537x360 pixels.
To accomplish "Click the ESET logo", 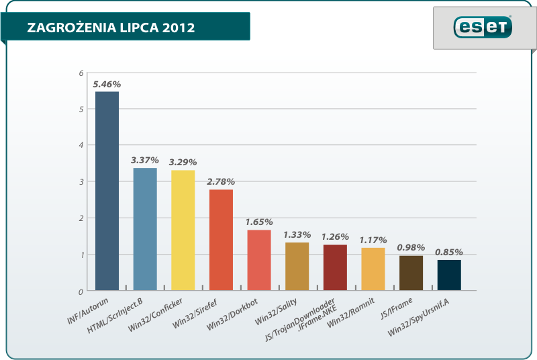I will [x=483, y=28].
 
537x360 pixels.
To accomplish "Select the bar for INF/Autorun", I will [x=107, y=191].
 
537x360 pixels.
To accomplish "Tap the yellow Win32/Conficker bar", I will [x=183, y=230].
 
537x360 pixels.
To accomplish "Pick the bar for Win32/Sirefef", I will [x=221, y=240].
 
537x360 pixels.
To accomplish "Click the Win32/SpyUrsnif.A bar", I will [x=449, y=275].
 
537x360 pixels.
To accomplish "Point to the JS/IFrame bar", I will [x=411, y=273].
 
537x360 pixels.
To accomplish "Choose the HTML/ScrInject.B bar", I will [x=145, y=229].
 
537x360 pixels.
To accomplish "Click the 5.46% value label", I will [x=107, y=85].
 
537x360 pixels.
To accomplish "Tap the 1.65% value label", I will [x=259, y=222].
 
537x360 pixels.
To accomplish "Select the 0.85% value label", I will [x=449, y=252].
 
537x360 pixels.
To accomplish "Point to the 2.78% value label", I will [x=221, y=182].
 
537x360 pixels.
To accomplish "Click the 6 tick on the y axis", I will [x=81, y=73].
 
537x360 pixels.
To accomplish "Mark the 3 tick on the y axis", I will [x=81, y=182].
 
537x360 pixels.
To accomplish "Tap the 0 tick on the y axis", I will [x=81, y=291].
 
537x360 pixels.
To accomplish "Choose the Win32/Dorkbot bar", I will [x=259, y=261].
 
